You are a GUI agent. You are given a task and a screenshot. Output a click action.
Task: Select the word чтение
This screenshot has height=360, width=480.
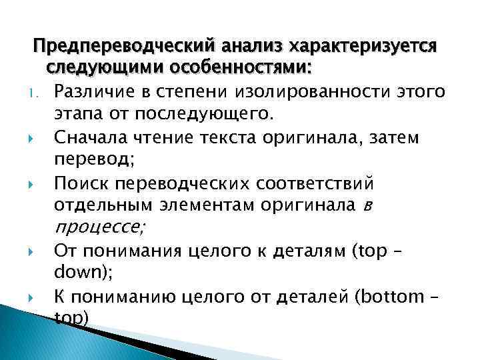pos(159,137)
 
